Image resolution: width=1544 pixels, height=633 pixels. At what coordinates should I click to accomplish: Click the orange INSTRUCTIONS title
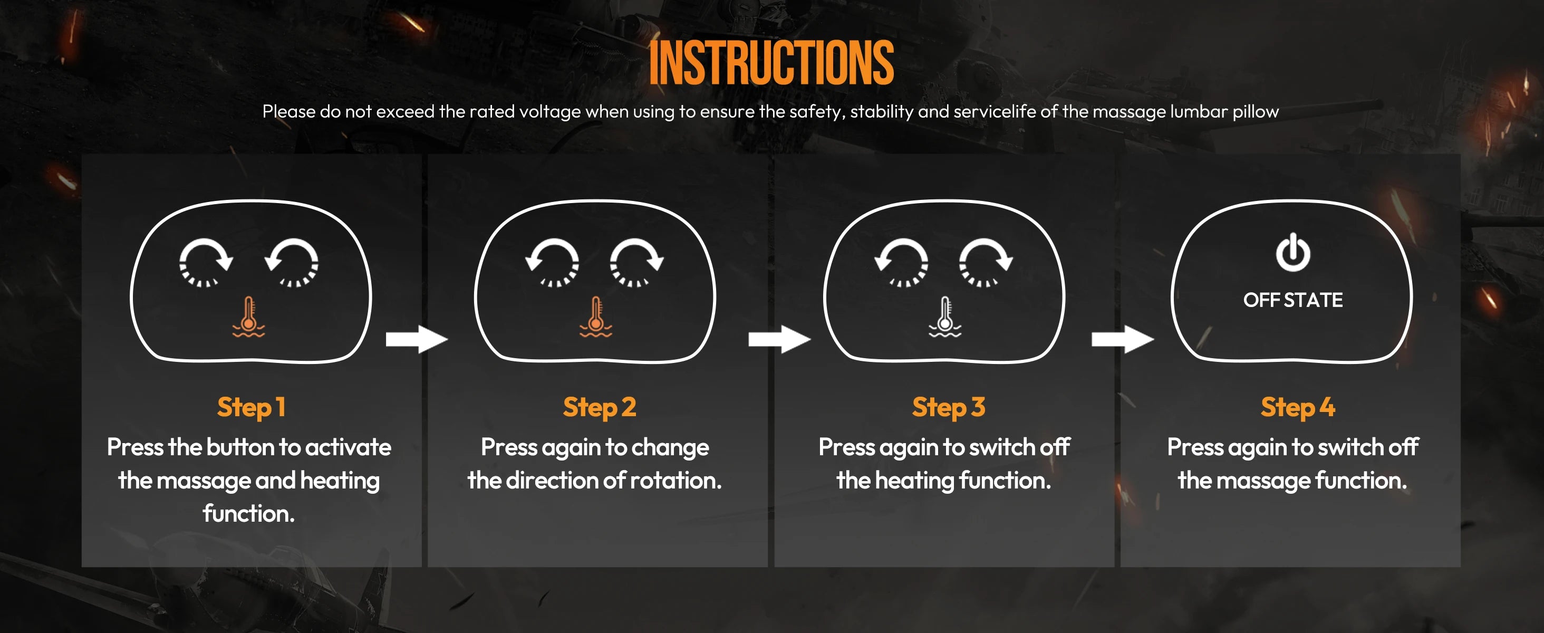(x=771, y=63)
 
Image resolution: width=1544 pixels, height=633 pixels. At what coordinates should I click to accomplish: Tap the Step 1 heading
(x=251, y=407)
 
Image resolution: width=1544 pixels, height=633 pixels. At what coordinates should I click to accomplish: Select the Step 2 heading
(x=600, y=407)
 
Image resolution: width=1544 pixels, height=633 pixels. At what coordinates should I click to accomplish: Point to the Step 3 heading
(x=948, y=407)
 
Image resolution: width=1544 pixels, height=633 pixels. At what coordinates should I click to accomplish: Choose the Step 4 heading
(x=1298, y=407)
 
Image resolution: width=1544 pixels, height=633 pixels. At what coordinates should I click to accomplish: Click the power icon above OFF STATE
(x=1293, y=252)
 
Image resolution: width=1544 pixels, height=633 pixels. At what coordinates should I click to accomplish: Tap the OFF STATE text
(x=1293, y=300)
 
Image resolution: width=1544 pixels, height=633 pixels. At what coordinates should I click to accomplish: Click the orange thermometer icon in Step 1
(x=249, y=316)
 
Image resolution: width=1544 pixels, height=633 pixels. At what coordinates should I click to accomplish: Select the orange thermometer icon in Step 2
(x=595, y=316)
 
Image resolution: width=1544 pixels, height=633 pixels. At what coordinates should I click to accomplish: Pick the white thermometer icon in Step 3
(x=944, y=316)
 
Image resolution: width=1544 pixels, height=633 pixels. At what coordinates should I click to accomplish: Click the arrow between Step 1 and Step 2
(x=417, y=339)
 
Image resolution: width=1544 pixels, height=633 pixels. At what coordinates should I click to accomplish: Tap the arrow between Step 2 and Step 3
(x=779, y=339)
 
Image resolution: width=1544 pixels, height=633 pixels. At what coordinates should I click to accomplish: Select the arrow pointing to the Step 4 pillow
(x=1123, y=339)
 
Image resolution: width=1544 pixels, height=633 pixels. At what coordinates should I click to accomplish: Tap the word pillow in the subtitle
(x=1256, y=111)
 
